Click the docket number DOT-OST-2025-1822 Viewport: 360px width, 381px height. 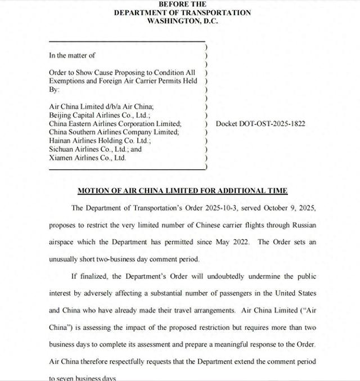point(261,124)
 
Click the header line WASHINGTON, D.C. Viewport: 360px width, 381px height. point(182,21)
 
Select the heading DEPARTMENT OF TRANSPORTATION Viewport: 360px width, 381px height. point(182,12)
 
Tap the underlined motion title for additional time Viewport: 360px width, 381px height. point(182,191)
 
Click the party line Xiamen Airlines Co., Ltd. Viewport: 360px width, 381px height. point(87,158)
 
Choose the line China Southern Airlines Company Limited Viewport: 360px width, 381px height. point(114,132)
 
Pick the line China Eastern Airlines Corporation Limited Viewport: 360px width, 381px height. point(115,124)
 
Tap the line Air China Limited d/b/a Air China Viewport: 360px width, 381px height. point(101,106)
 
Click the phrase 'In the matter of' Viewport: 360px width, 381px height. point(72,55)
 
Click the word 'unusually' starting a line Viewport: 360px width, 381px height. point(65,259)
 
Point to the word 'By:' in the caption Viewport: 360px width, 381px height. point(54,89)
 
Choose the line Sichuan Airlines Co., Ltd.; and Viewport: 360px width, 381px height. point(95,150)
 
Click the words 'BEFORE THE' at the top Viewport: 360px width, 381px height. point(182,4)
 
